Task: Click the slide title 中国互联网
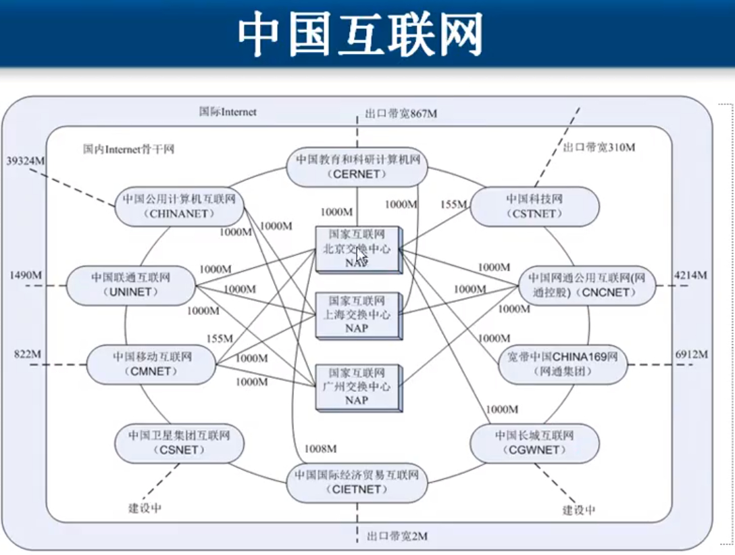[360, 34]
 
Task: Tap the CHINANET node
[179, 206]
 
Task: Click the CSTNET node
[534, 206]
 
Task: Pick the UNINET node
[131, 285]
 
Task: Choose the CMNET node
[151, 364]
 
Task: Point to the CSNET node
[179, 443]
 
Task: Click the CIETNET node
[356, 482]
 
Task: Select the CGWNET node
[534, 443]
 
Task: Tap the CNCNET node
[586, 285]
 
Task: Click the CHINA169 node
[562, 364]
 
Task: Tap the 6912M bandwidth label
[691, 354]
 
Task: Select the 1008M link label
[320, 448]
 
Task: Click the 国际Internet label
[228, 112]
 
